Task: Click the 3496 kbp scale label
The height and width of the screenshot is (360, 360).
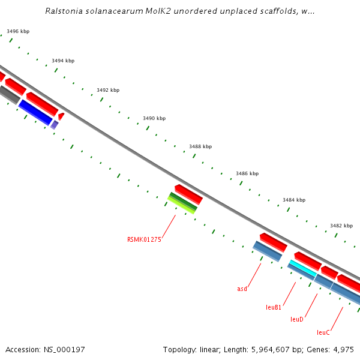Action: [x=17, y=31]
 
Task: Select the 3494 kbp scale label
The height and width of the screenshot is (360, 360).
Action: [x=63, y=61]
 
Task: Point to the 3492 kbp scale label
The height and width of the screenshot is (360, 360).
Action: [x=108, y=90]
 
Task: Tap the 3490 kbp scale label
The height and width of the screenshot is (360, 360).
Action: [x=154, y=119]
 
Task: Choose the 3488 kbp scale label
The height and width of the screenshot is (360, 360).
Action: [x=200, y=146]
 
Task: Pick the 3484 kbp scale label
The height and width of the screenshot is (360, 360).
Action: [x=294, y=200]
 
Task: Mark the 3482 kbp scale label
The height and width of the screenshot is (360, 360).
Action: [x=341, y=226]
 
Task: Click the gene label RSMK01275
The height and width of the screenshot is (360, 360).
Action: [x=144, y=239]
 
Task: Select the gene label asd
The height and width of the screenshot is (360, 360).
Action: [x=242, y=289]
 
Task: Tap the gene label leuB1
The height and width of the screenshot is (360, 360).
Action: [x=274, y=307]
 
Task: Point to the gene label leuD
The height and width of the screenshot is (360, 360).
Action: [x=297, y=319]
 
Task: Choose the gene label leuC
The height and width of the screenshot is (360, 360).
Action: [x=323, y=332]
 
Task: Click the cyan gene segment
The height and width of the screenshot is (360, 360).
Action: [x=304, y=268]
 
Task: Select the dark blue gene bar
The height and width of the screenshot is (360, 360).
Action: [x=35, y=112]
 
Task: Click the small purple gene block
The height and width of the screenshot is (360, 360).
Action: [x=54, y=125]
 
